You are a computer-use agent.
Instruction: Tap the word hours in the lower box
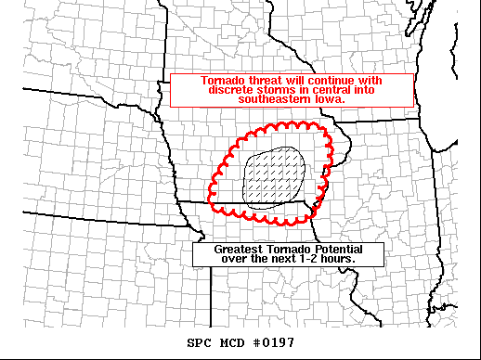pyautogui.click(x=335, y=259)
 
